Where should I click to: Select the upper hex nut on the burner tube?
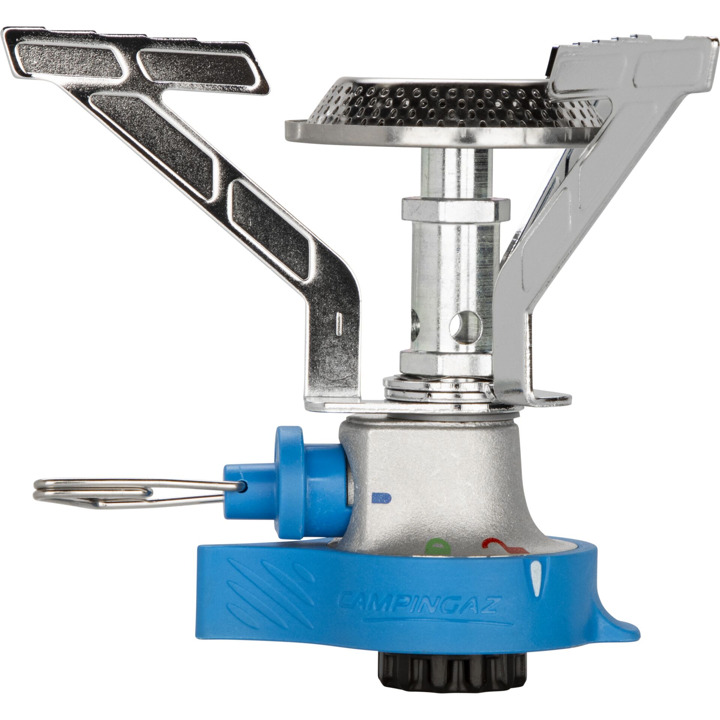(x=455, y=210)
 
